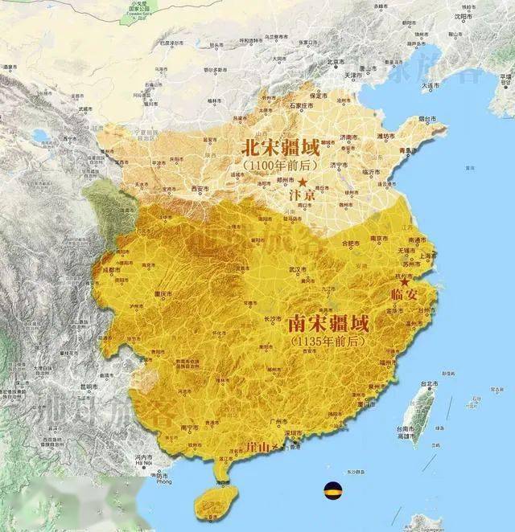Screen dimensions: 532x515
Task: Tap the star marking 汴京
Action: coord(303,182)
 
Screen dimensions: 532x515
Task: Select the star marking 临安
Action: coord(406,283)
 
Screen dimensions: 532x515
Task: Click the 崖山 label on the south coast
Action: coord(260,445)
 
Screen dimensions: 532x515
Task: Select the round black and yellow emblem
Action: coord(331,489)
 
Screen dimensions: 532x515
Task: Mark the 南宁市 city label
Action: coord(190,428)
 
